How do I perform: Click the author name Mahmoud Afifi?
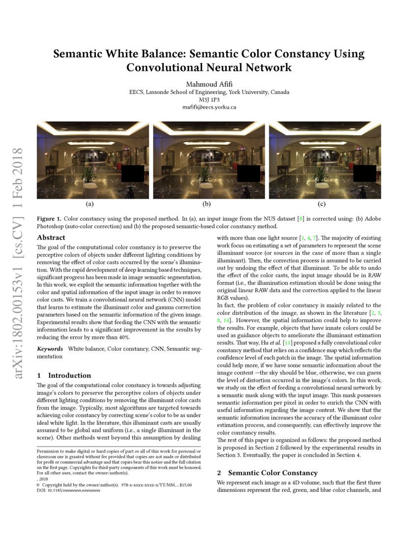pyautogui.click(x=209, y=83)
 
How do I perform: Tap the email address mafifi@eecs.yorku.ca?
pyautogui.click(x=209, y=107)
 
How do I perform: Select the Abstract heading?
pyautogui.click(x=51, y=238)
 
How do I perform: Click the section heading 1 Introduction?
pyautogui.click(x=64, y=375)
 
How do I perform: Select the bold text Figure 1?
pyautogui.click(x=49, y=218)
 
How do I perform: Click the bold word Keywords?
pyautogui.click(x=50, y=349)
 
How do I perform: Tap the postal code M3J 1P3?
pyautogui.click(x=209, y=99)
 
